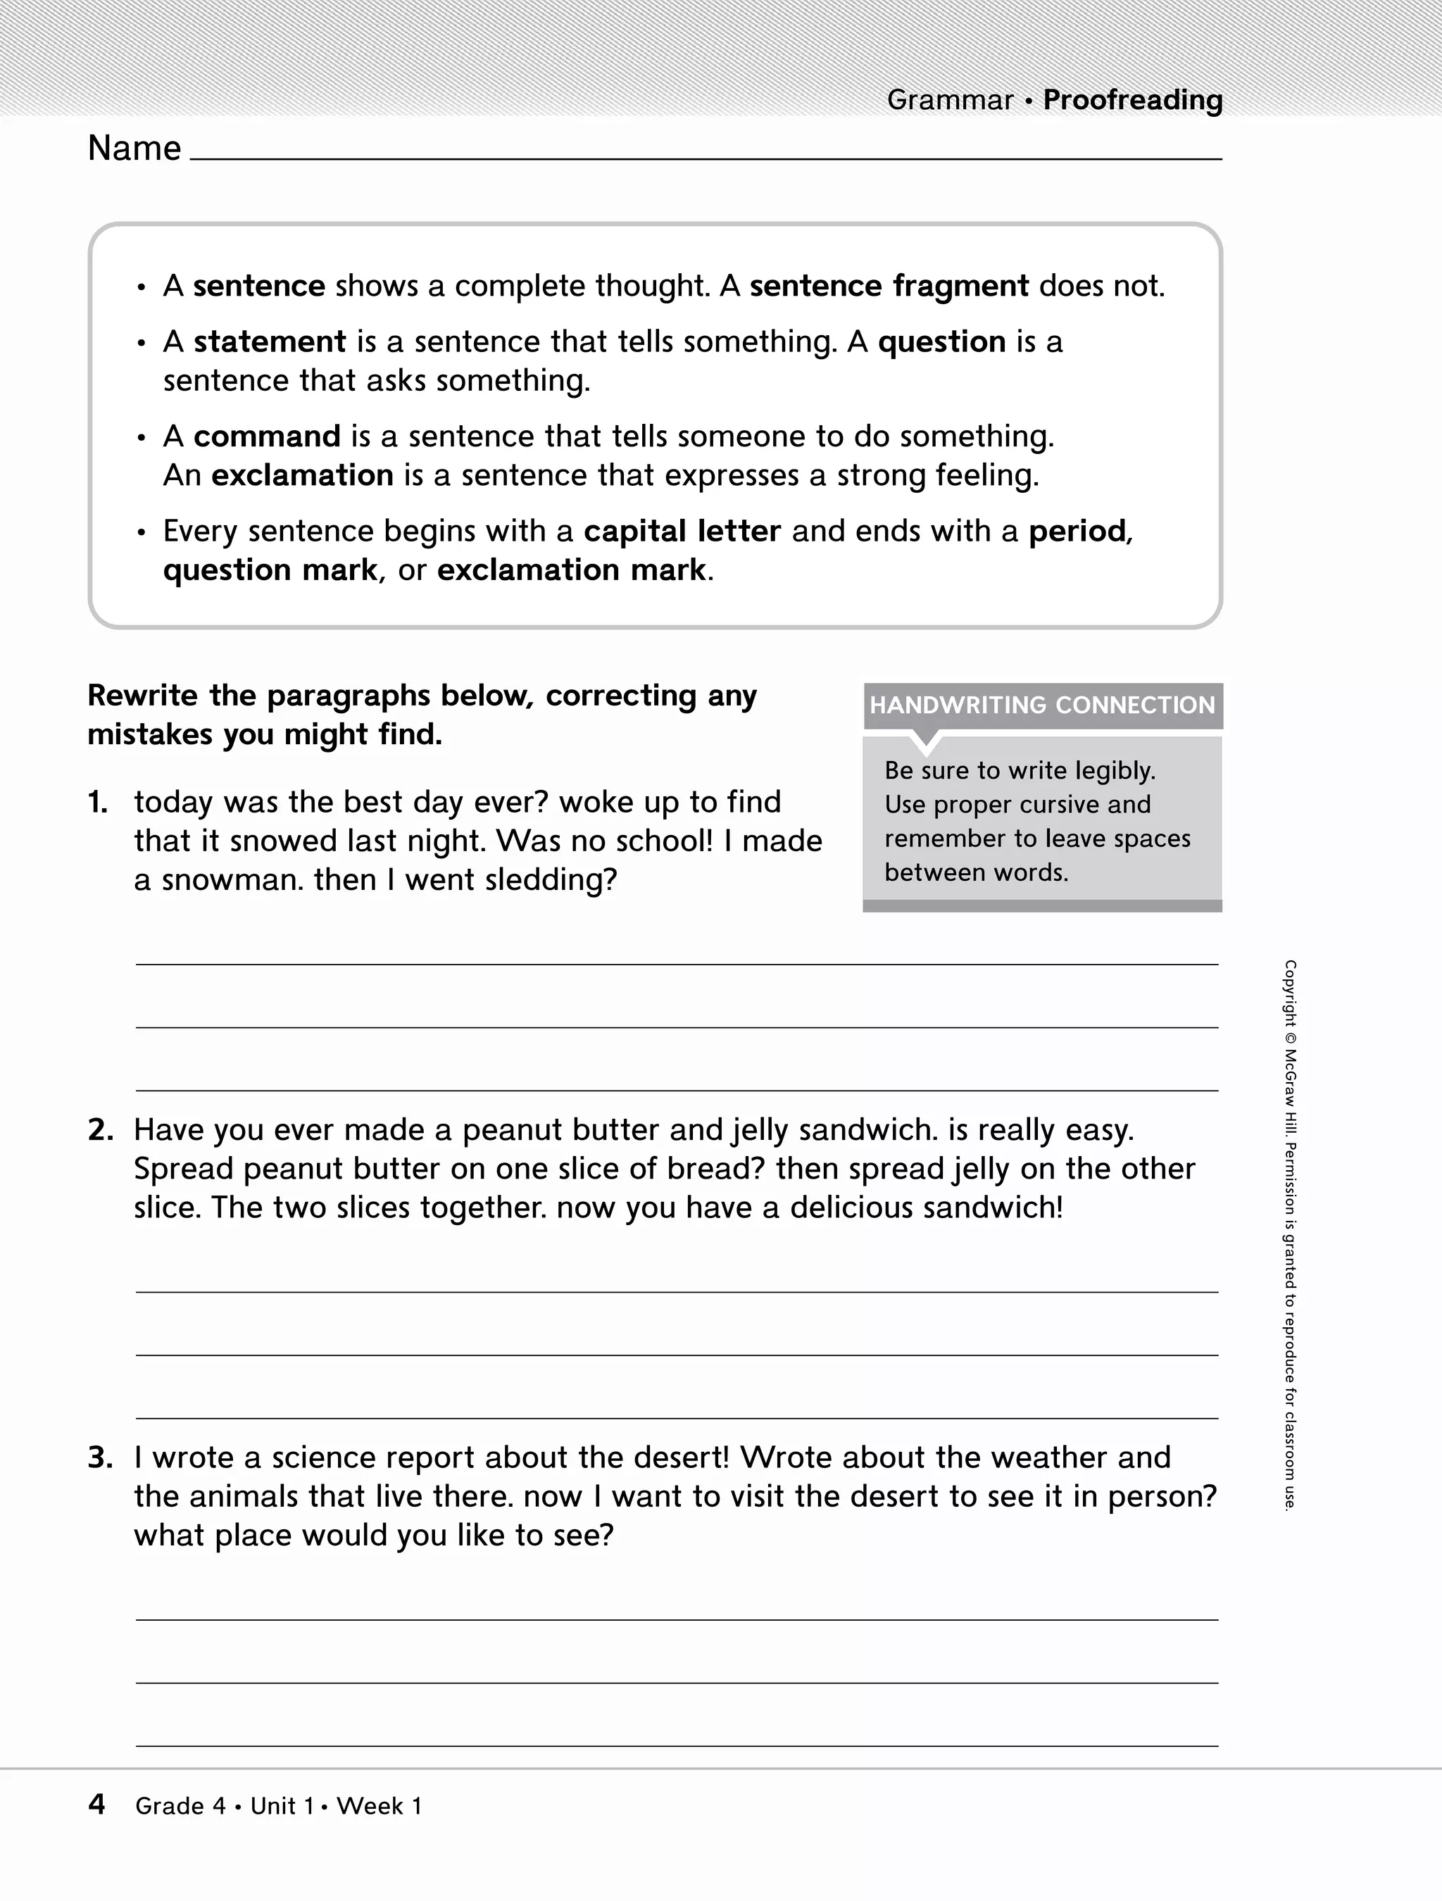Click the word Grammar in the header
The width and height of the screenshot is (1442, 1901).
pyautogui.click(x=950, y=101)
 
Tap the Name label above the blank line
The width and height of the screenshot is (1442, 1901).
pyautogui.click(x=134, y=149)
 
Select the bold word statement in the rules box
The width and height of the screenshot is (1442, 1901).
pyautogui.click(x=269, y=342)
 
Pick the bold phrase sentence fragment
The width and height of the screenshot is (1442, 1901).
pyautogui.click(x=889, y=286)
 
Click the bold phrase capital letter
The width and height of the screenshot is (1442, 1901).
pyautogui.click(x=682, y=531)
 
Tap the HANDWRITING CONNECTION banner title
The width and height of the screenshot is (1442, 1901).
pyautogui.click(x=1041, y=705)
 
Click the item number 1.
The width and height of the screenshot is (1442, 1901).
pyautogui.click(x=98, y=803)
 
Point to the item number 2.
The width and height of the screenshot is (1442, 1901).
pyautogui.click(x=100, y=1130)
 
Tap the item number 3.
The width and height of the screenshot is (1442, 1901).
pyautogui.click(x=100, y=1457)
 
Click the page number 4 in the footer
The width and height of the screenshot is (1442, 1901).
pyautogui.click(x=97, y=1805)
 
